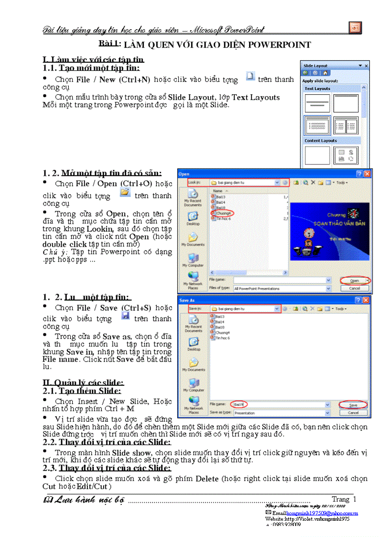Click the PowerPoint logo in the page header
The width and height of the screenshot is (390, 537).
(x=355, y=27)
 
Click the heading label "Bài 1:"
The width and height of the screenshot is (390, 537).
(x=109, y=44)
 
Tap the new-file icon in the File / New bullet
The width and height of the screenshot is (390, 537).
(x=249, y=77)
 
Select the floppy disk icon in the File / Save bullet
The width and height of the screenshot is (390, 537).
(x=125, y=316)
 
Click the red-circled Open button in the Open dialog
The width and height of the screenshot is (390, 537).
(x=354, y=280)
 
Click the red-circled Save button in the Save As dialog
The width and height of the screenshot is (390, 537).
(x=354, y=405)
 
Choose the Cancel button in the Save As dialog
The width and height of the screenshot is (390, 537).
(x=354, y=413)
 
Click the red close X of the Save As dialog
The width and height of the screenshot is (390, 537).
(x=366, y=300)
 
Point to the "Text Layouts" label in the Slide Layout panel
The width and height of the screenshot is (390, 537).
(x=317, y=88)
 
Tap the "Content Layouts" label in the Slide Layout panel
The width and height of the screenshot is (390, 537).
(x=321, y=141)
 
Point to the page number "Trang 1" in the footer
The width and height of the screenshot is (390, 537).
(x=344, y=499)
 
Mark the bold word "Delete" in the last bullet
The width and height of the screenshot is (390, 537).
(x=206, y=479)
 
